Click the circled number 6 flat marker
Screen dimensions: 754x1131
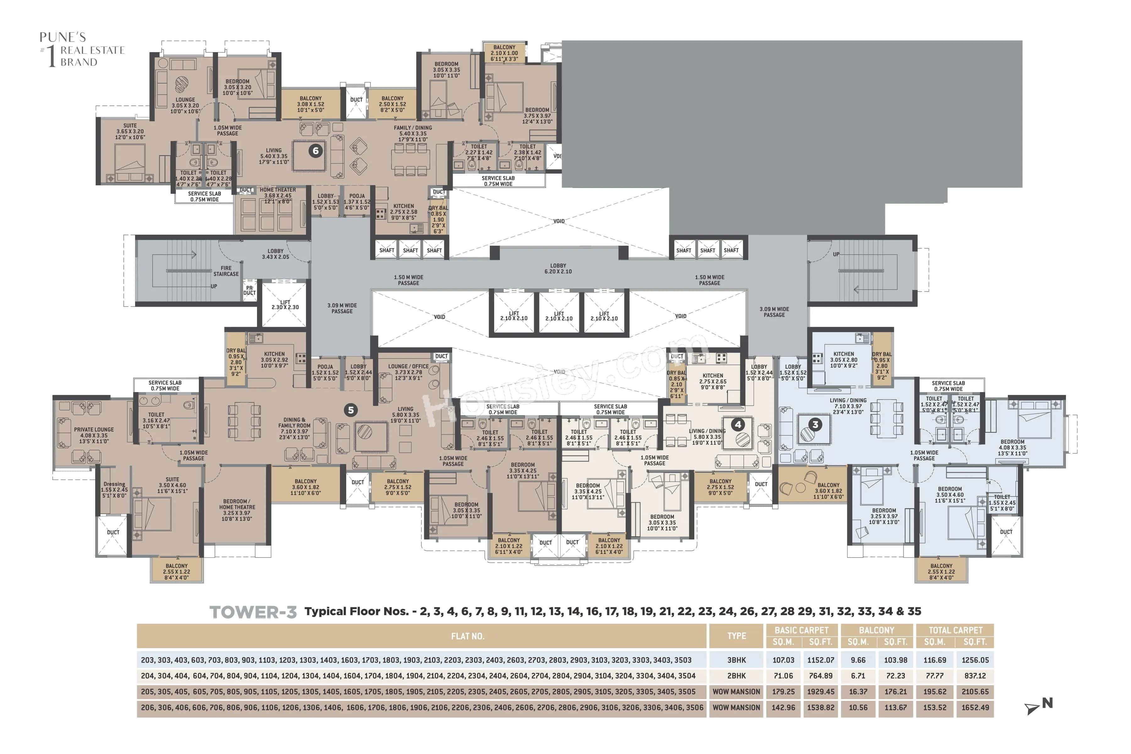pyautogui.click(x=315, y=151)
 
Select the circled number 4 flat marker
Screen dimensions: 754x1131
pyautogui.click(x=738, y=424)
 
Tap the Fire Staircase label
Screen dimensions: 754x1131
pyautogui.click(x=226, y=271)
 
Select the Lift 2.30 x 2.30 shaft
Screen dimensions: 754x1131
pyautogui.click(x=285, y=305)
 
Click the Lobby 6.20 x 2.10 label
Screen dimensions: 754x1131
pyautogui.click(x=558, y=268)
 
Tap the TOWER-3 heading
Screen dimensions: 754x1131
pyautogui.click(x=253, y=612)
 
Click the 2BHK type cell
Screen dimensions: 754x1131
pyautogui.click(x=736, y=676)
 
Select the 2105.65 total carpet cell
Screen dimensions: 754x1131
pyautogui.click(x=975, y=691)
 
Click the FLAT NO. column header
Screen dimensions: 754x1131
pyautogui.click(x=467, y=636)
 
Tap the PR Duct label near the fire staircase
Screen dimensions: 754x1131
pyautogui.click(x=249, y=290)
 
